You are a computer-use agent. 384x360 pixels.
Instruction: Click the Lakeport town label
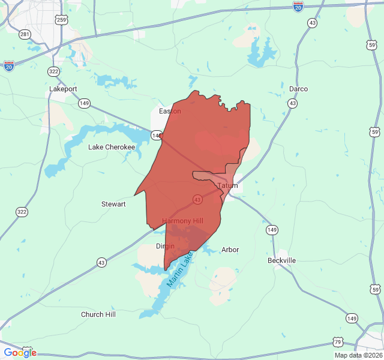tap(63, 89)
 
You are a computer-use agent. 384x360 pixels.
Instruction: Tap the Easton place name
tap(170, 111)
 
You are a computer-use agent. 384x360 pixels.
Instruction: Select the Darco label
tap(298, 89)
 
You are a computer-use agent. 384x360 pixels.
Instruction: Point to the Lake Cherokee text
tap(112, 147)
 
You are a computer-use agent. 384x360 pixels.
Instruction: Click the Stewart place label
tap(113, 204)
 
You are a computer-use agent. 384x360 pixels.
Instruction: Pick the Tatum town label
tap(227, 186)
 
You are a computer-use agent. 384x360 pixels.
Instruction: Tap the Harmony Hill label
tap(182, 221)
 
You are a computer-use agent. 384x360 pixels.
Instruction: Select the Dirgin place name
tap(165, 246)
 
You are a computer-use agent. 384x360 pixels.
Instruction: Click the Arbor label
tap(230, 250)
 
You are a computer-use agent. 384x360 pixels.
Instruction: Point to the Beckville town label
tap(281, 260)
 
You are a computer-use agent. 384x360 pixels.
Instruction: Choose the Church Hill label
tap(98, 314)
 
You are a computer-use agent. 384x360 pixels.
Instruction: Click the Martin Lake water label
tap(181, 269)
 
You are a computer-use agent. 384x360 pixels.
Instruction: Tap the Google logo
tap(20, 353)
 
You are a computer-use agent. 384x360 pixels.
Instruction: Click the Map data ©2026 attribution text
tap(358, 355)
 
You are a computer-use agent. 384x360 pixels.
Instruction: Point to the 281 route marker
tap(25, 34)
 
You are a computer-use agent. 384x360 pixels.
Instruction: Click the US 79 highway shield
tap(338, 342)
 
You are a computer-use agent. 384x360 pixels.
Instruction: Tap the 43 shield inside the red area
tap(197, 199)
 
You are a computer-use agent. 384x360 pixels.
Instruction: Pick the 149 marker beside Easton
tap(157, 136)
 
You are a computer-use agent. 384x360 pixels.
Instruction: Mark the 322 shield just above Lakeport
tap(54, 71)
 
